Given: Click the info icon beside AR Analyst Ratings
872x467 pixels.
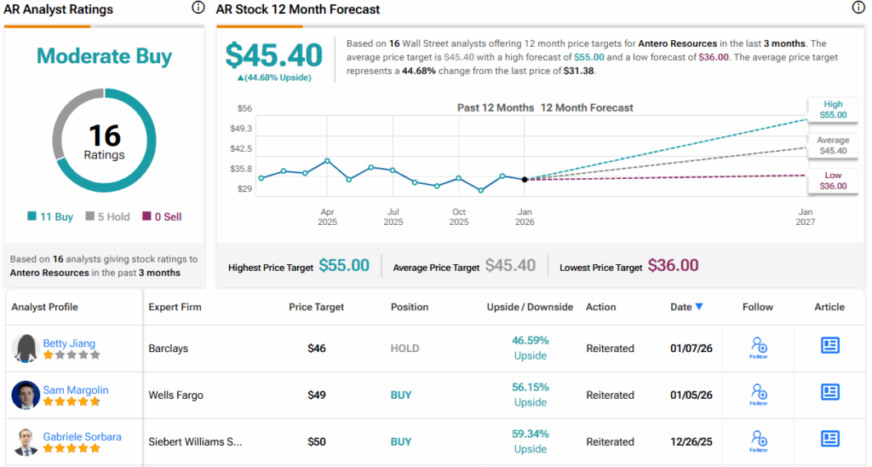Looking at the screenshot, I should click(198, 8).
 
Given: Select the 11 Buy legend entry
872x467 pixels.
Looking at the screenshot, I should click(51, 216).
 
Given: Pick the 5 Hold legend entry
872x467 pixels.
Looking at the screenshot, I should click(107, 216).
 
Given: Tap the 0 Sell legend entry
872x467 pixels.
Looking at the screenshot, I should click(162, 216).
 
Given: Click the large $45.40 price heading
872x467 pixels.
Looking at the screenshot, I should click(274, 55).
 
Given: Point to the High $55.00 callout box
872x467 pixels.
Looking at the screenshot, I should click(833, 109).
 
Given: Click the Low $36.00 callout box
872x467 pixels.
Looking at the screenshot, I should click(833, 180).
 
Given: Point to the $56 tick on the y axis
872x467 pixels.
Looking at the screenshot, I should click(244, 108).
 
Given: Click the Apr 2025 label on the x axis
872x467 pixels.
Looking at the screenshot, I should click(327, 216).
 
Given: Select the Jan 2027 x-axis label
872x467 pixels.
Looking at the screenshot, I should click(805, 216).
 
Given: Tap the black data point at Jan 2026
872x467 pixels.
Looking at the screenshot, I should click(525, 179).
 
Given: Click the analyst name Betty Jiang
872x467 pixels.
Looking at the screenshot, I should click(69, 343).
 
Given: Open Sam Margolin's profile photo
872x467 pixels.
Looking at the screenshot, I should click(26, 395).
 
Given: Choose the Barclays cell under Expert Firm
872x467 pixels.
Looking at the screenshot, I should click(168, 349).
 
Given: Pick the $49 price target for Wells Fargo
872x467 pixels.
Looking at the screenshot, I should click(318, 395).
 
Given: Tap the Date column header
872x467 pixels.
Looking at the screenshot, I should click(686, 307).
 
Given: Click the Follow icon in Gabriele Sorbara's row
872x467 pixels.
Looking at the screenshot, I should click(759, 441).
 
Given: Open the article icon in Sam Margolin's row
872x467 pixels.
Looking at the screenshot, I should click(829, 392).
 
